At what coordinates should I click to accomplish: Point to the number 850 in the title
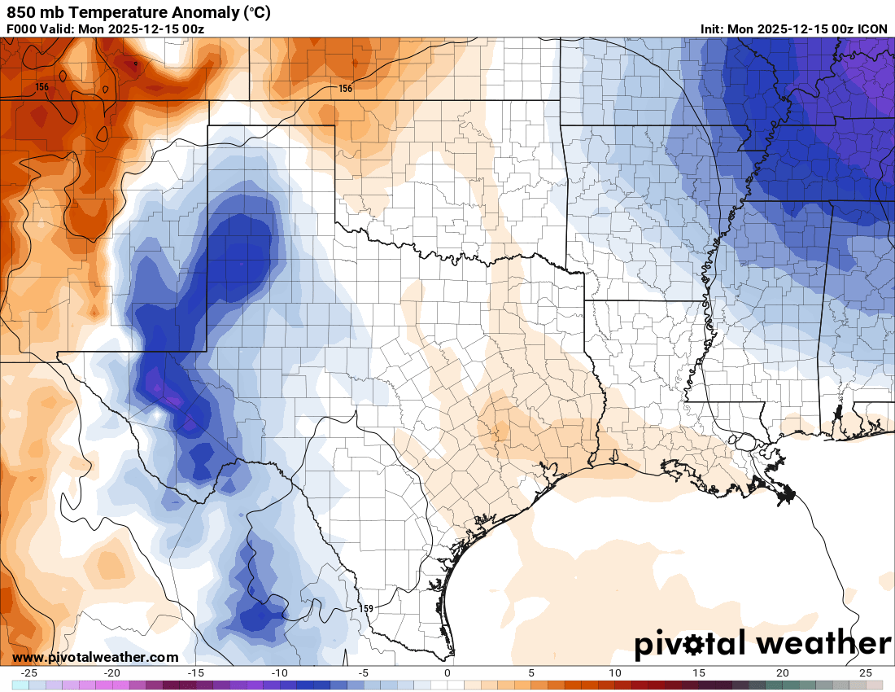tap(21, 13)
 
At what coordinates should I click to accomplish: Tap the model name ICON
tap(872, 29)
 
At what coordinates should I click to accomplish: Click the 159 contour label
tap(367, 608)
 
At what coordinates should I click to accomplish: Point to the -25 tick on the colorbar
tap(29, 673)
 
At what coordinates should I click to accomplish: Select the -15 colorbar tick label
tap(196, 673)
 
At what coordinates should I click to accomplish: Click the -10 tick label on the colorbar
tap(280, 673)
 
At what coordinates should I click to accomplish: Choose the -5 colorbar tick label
tap(364, 673)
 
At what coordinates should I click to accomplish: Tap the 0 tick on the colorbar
tap(447, 673)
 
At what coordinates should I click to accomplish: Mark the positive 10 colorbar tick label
tap(614, 673)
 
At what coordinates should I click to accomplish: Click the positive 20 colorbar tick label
tap(782, 673)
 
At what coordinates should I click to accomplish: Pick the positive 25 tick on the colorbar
tap(866, 673)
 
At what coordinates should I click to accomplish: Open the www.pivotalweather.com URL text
tap(95, 657)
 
